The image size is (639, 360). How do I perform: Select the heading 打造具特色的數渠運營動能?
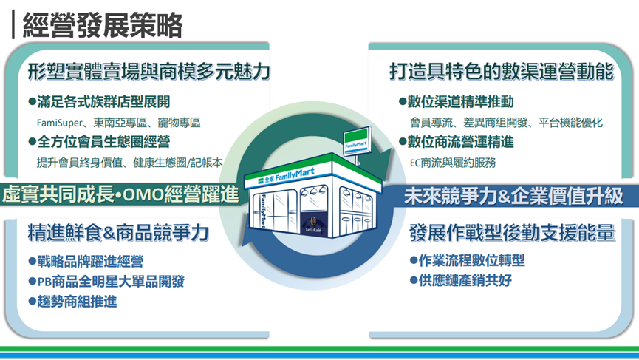501,72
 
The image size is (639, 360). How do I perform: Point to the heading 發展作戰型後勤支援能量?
511,233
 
